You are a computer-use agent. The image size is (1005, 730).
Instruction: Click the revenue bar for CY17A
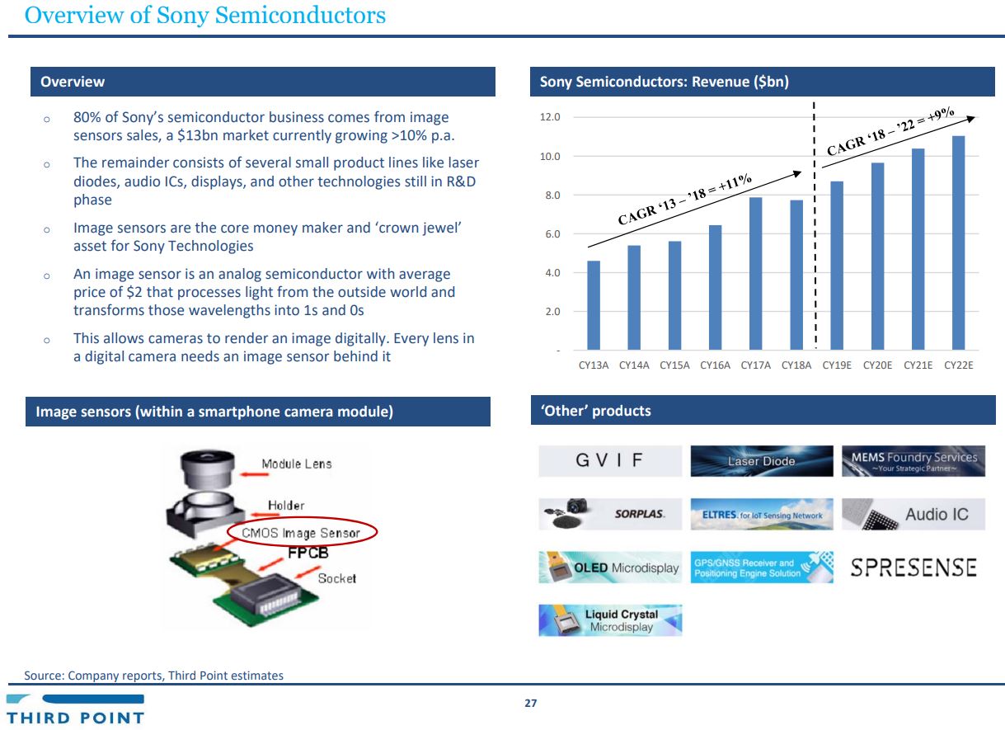[755, 274]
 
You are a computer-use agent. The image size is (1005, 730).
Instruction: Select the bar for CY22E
[959, 243]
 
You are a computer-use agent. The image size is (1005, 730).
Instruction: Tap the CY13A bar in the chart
[594, 305]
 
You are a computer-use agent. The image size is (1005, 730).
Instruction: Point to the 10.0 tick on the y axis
[550, 157]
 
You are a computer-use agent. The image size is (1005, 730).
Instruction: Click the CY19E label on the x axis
[837, 365]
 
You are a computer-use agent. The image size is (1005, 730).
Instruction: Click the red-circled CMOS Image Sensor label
[301, 533]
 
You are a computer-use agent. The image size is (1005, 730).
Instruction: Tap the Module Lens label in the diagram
[297, 464]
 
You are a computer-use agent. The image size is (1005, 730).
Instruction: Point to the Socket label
[337, 578]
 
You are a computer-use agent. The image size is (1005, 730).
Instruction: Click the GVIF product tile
[610, 461]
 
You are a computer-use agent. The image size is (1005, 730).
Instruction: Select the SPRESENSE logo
[913, 568]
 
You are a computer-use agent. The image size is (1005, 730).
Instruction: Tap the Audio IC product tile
[913, 515]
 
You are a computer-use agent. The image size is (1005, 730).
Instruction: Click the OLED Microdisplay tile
[610, 568]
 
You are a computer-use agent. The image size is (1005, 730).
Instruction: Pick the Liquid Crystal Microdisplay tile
[610, 620]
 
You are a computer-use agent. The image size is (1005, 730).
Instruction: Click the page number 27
[531, 704]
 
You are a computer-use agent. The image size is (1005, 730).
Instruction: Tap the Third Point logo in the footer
[76, 709]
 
